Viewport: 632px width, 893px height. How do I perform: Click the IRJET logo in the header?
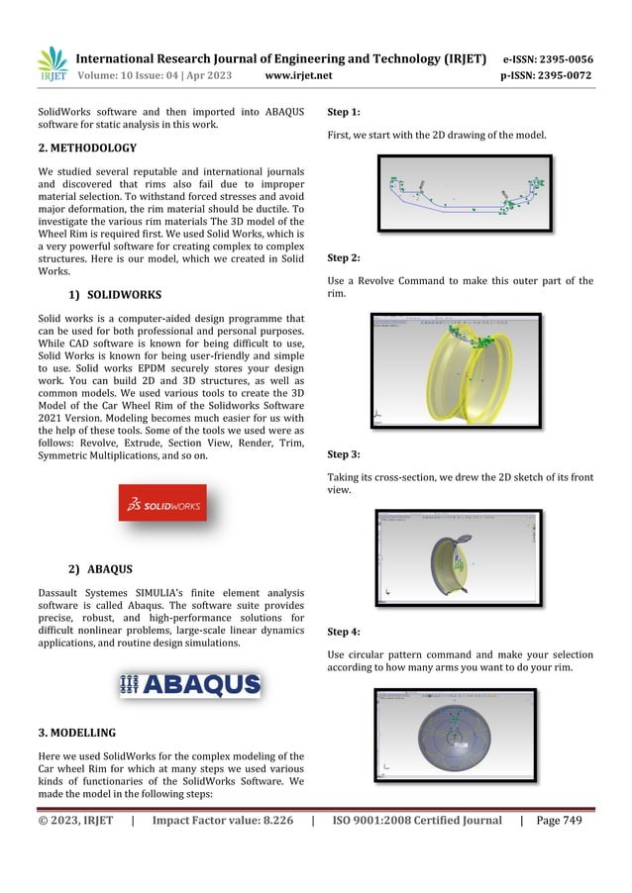tap(53, 65)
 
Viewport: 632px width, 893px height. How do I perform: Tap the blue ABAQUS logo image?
tap(190, 685)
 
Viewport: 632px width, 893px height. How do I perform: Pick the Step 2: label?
tap(343, 258)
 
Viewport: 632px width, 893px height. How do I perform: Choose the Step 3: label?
tap(343, 454)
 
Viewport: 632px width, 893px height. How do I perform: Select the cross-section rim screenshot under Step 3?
tap(459, 557)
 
